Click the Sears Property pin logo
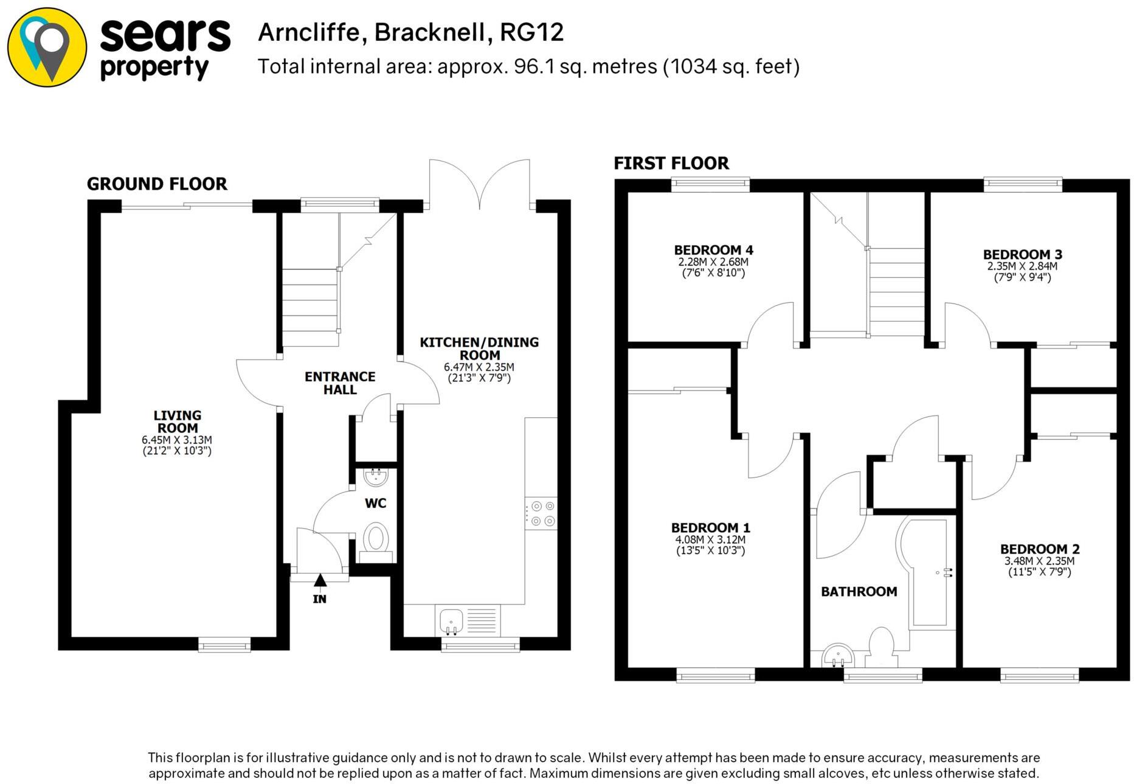[47, 47]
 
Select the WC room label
[375, 504]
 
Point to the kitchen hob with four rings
[541, 513]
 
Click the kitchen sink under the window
[451, 620]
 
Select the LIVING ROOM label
[177, 421]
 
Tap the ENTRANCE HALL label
[340, 383]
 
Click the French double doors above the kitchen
[480, 182]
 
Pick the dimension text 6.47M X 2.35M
[479, 367]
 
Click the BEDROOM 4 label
[713, 250]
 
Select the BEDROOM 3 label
[1022, 255]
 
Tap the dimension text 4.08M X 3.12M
[710, 539]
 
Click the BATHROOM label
[859, 592]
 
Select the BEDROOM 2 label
[1039, 549]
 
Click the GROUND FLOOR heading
[157, 184]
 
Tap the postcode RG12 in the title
[531, 32]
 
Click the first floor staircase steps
[896, 292]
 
